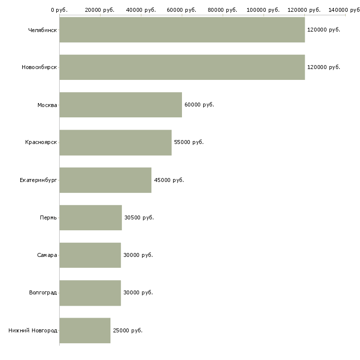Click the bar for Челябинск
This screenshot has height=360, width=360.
(182, 30)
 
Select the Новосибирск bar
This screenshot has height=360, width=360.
(182, 67)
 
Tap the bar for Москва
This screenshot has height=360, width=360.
(121, 105)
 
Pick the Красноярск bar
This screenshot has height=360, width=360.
(115, 143)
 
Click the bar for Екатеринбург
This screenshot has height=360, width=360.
(106, 180)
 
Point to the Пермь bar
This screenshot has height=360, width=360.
(91, 217)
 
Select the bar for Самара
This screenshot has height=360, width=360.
(90, 255)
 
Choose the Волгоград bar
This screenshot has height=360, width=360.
(90, 293)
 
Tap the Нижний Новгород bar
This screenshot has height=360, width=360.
(85, 330)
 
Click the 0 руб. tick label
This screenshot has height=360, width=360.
(59, 10)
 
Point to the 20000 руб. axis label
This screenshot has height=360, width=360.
(100, 10)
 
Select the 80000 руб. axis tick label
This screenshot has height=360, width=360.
(222, 10)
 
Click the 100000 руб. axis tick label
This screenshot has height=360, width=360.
(263, 10)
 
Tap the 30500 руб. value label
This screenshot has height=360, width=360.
(139, 217)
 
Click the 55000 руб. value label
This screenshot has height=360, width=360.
(189, 142)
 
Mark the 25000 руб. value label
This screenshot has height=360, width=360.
(128, 330)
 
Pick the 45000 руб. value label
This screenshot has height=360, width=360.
(169, 180)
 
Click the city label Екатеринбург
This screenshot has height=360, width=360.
(38, 180)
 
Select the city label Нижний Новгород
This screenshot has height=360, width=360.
(33, 330)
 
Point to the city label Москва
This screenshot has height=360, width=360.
(47, 105)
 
